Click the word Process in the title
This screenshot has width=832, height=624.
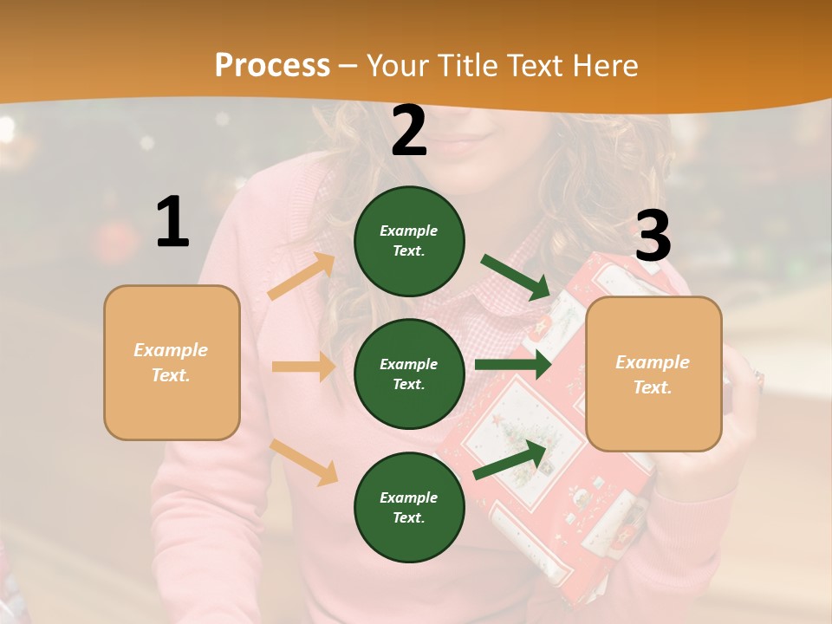272,65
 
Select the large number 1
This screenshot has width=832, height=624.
172,223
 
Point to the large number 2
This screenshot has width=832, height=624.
409,131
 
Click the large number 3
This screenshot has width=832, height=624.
653,237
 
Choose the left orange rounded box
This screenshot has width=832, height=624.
172,362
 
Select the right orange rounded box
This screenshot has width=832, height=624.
653,374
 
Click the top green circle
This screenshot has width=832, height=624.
409,241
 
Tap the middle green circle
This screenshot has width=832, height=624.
409,374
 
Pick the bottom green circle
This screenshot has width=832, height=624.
409,507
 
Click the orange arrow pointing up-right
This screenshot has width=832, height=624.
302,276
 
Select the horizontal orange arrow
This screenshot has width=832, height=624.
303,367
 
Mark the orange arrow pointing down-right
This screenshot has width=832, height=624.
303,462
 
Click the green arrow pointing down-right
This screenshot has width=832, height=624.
516,276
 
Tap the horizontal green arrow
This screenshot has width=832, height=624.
512,365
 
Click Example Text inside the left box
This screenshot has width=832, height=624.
171,362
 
